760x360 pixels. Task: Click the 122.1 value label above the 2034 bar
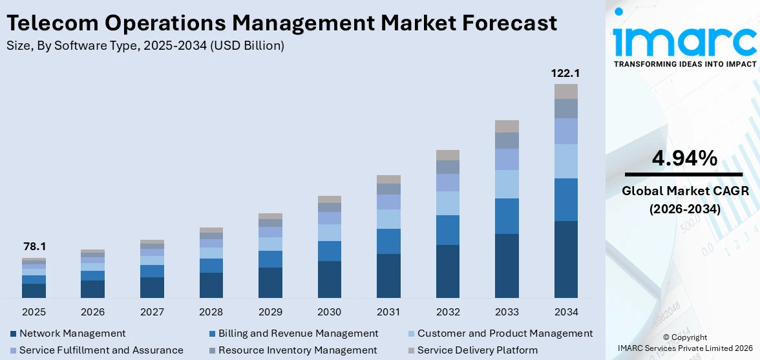[x=565, y=73]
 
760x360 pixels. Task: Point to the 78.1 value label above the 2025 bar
[x=34, y=247]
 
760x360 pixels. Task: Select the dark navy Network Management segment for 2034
[x=565, y=259]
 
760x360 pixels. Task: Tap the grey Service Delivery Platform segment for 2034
[x=565, y=91]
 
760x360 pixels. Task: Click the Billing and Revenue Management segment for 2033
[x=507, y=216]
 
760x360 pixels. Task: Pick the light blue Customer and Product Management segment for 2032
[x=447, y=203]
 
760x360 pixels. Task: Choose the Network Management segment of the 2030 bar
[x=329, y=279]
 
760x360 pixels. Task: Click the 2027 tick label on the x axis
[x=152, y=312]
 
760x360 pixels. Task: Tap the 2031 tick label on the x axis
[x=388, y=312]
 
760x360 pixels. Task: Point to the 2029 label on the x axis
[x=270, y=312]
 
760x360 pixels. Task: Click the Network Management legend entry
[x=72, y=334]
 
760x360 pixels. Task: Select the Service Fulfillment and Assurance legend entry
[x=101, y=350]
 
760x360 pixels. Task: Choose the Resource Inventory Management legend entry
[x=297, y=350]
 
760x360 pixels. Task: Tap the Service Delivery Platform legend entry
[x=477, y=350]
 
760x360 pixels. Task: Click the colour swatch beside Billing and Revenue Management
[x=213, y=334]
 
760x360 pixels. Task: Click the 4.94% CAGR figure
[x=684, y=158]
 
